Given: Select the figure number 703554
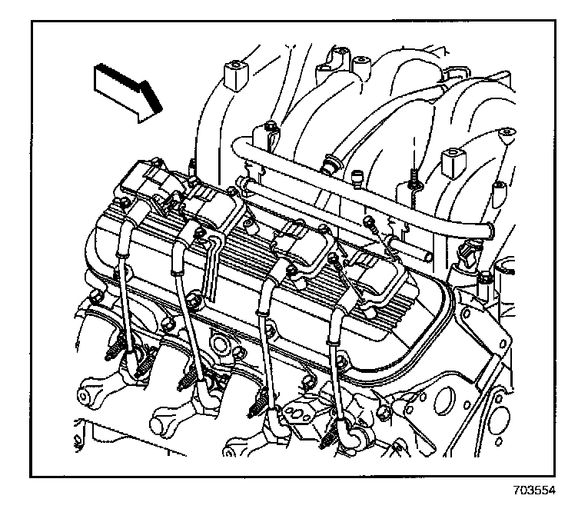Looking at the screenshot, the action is (x=534, y=490).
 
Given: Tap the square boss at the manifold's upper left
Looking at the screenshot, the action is (x=235, y=75).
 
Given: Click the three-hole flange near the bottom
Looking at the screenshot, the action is (x=299, y=416).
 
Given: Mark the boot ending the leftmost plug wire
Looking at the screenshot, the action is (x=134, y=364).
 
